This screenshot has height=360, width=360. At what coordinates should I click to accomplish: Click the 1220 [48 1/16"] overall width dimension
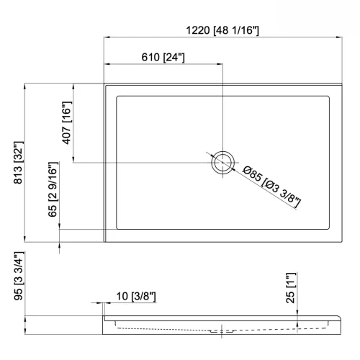click(x=222, y=30)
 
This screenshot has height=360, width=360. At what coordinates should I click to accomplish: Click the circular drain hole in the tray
click(x=222, y=163)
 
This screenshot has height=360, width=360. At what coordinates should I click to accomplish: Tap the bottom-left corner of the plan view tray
click(x=105, y=243)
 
